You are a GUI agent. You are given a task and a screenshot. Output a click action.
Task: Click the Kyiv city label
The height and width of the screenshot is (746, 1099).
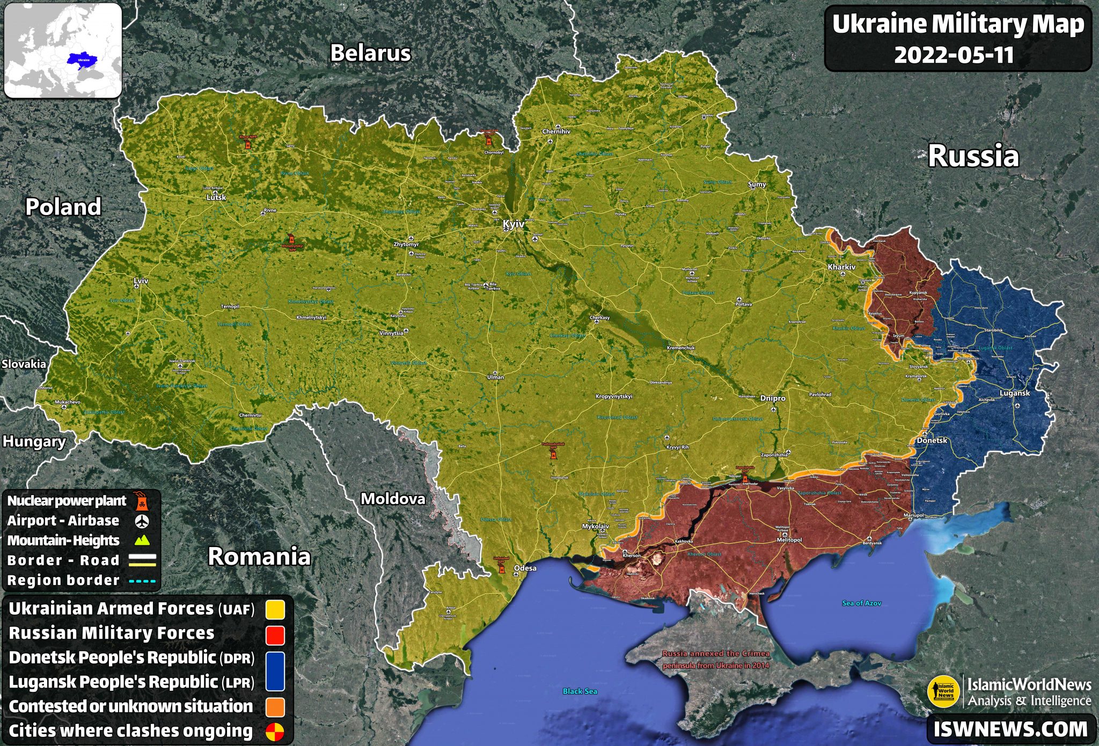tap(513, 224)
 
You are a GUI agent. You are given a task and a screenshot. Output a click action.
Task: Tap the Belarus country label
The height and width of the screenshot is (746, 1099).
tap(370, 53)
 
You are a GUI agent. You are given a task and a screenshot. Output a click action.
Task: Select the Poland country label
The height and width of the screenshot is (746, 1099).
tap(63, 207)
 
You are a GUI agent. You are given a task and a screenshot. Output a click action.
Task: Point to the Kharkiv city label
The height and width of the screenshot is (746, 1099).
tap(841, 267)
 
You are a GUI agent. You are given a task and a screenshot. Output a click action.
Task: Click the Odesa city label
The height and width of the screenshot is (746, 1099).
tap(525, 568)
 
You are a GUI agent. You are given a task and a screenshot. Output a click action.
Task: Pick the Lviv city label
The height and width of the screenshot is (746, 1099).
tap(141, 281)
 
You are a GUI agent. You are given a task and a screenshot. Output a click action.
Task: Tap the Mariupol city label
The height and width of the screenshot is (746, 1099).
tap(913, 515)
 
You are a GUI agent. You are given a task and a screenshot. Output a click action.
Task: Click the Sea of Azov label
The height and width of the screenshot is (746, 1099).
tap(861, 603)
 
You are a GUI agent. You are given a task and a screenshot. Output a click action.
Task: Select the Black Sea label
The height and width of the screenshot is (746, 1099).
tap(580, 691)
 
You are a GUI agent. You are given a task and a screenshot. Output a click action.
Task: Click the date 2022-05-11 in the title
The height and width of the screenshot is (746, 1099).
tap(954, 55)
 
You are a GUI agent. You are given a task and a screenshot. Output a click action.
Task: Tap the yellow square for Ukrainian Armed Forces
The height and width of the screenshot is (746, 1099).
tap(275, 610)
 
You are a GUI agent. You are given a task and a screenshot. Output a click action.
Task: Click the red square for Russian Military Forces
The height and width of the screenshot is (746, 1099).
tap(275, 634)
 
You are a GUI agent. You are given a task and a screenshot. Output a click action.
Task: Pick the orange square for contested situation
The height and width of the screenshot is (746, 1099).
tap(275, 707)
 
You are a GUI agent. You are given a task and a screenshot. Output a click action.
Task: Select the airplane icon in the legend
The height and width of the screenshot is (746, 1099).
tap(142, 521)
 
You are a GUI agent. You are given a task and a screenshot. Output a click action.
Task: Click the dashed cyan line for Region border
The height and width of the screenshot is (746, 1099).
tap(142, 581)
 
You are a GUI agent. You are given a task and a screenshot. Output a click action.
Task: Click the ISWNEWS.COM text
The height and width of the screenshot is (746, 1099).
tap(1010, 729)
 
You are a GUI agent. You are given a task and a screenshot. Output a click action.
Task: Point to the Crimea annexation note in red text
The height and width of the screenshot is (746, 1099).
tap(715, 660)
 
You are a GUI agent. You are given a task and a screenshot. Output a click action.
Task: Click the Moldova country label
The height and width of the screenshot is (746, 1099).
tap(393, 499)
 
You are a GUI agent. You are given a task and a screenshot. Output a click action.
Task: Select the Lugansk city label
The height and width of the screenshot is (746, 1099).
tap(1015, 393)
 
